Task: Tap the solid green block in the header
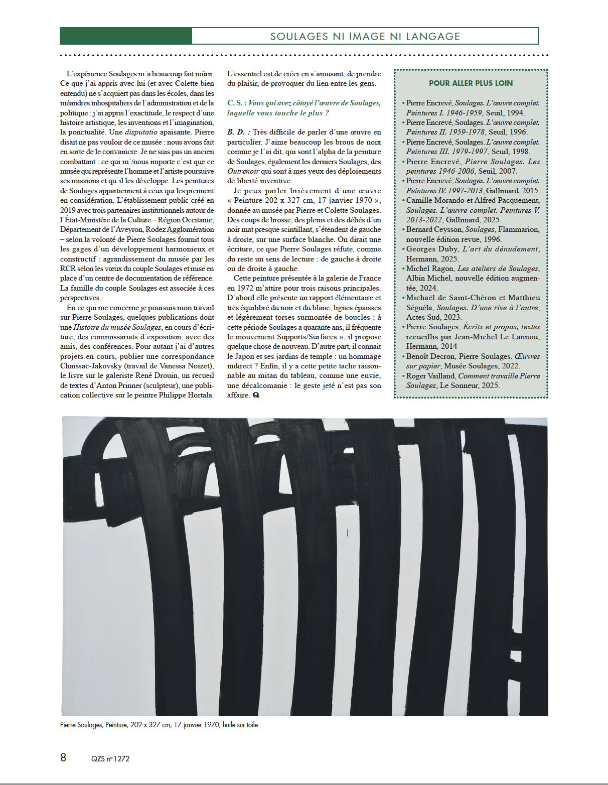click(125, 36)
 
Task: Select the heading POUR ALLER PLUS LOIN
click(471, 83)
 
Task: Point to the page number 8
click(63, 757)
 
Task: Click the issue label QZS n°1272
click(110, 758)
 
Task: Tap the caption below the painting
click(159, 725)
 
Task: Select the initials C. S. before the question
click(236, 103)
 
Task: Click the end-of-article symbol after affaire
click(256, 395)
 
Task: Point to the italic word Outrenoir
click(243, 171)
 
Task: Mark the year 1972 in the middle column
click(235, 288)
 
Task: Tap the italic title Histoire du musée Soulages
click(117, 327)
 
